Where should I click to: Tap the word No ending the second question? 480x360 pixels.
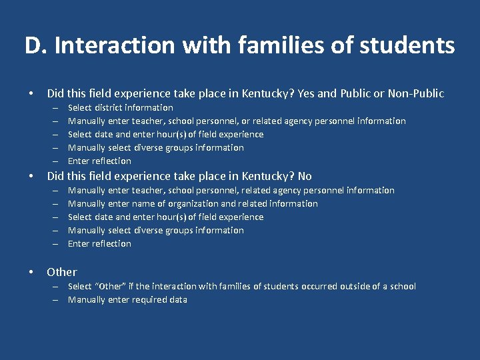coord(305,176)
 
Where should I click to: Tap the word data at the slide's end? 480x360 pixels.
coord(177,299)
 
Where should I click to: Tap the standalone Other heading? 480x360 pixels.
coord(61,272)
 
